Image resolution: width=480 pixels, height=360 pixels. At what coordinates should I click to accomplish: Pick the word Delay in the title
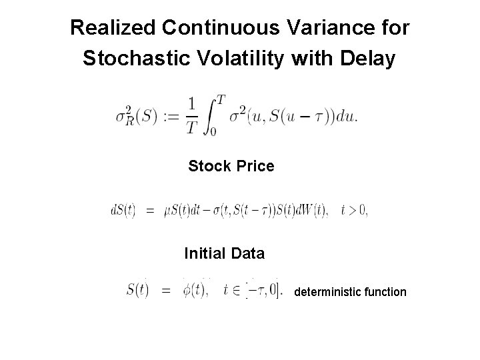click(370, 59)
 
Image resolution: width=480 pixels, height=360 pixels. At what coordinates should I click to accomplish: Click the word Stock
click(209, 166)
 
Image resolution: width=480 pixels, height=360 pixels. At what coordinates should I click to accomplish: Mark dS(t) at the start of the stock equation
click(123, 210)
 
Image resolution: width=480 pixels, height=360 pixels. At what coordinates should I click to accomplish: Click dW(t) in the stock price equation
click(313, 210)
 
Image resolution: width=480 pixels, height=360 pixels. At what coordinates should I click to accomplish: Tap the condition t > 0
click(354, 210)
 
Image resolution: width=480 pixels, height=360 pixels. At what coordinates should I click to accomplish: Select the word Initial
click(206, 254)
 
